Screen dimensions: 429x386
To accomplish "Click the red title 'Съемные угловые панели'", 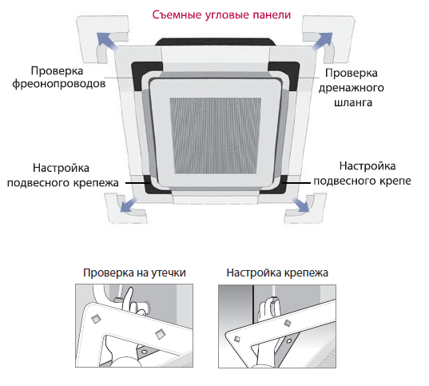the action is [221, 15].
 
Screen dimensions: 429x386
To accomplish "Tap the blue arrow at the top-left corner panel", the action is [105, 41].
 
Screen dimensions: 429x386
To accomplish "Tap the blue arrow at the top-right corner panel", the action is [323, 41].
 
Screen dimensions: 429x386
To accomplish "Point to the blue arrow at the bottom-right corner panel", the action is [301, 205].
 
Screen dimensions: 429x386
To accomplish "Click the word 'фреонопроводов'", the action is [59, 84].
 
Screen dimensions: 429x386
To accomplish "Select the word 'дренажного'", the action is [352, 88].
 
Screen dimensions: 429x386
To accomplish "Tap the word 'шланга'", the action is [353, 102].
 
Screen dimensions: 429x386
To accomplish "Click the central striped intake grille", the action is [216, 136].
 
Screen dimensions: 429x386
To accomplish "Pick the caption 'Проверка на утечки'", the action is [134, 273].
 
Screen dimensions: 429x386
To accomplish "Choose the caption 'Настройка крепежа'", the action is [277, 273].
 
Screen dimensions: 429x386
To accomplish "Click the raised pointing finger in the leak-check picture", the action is [129, 297].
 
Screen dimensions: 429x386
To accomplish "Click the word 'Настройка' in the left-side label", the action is [61, 168].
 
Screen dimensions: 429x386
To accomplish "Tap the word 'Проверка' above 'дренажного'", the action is [352, 73].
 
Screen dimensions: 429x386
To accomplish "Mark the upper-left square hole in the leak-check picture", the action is [96, 319].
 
